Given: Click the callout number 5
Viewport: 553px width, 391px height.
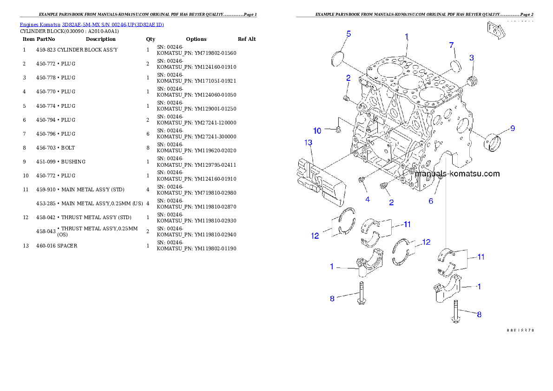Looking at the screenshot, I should [349, 33].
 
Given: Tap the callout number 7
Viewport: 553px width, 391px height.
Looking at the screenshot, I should [451, 45].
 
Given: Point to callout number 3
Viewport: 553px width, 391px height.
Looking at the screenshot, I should [472, 58].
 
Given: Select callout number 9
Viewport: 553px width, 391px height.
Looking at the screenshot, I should [513, 128].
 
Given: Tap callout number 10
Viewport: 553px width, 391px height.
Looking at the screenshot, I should [317, 131].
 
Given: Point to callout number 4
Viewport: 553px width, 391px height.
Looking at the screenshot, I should [367, 200].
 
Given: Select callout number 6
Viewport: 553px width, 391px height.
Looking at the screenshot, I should [431, 201].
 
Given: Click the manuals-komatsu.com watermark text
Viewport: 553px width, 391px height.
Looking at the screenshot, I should [457, 174].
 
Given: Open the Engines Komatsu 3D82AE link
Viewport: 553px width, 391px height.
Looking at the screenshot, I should [92, 24].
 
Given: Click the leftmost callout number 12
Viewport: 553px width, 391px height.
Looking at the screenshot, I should [315, 236].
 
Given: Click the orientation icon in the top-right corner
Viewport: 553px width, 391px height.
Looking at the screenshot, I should [495, 31].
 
